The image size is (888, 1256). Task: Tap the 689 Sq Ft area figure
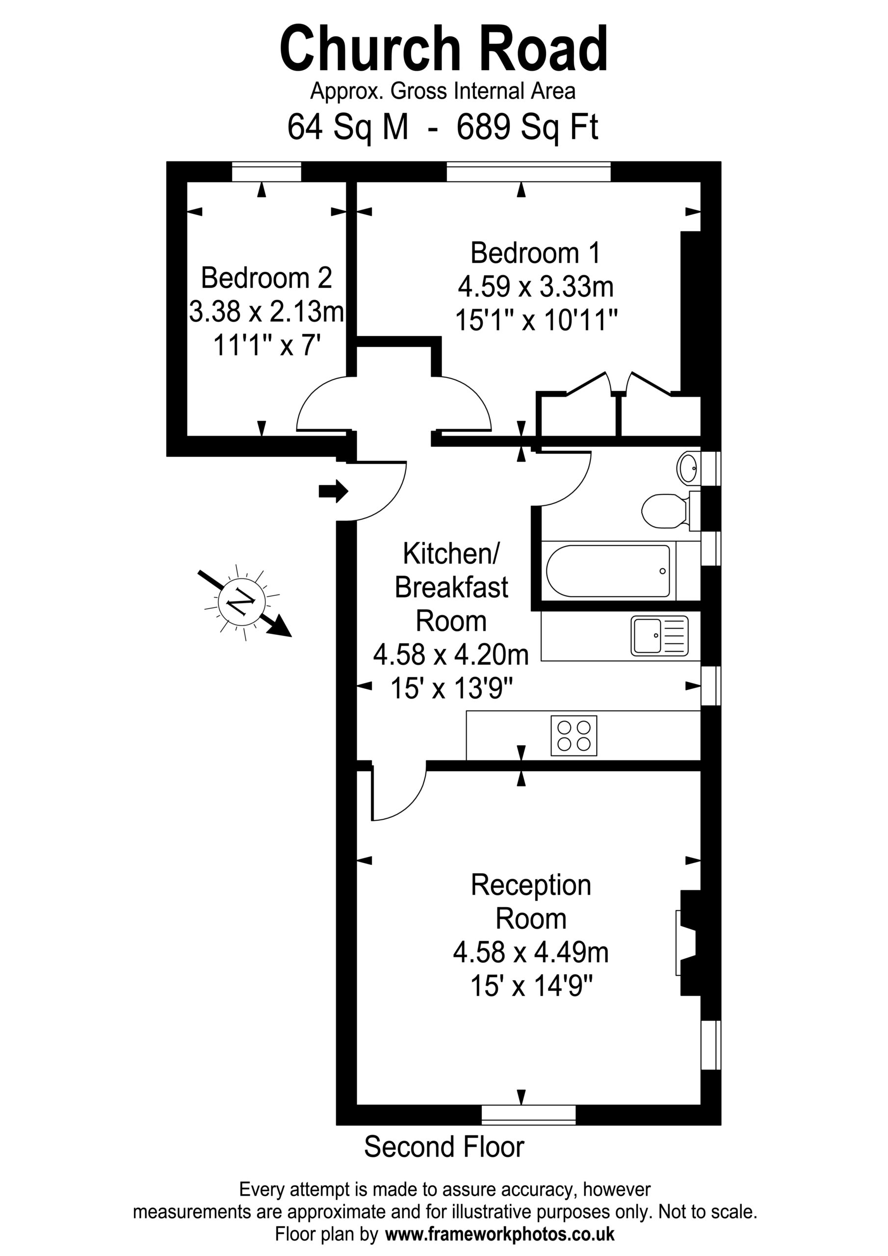(527, 128)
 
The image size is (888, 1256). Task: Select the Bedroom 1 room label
(535, 253)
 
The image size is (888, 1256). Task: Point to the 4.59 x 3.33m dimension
(536, 287)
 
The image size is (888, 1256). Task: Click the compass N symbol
(242, 602)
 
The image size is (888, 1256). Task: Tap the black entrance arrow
(334, 491)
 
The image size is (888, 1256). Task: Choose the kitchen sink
(659, 636)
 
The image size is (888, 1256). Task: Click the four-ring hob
(574, 736)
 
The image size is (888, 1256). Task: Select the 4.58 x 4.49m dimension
(531, 953)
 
